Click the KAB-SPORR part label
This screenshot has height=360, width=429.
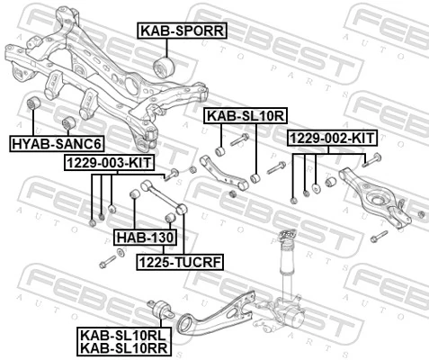[181, 31]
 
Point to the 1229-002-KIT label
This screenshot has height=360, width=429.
[332, 138]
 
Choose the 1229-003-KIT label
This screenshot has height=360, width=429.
[109, 162]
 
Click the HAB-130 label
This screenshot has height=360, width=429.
[144, 237]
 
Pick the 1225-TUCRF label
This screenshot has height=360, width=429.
[179, 261]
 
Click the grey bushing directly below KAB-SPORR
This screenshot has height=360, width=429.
[167, 65]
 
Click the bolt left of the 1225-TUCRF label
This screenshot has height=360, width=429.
[108, 261]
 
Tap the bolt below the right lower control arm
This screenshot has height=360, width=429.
[379, 236]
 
